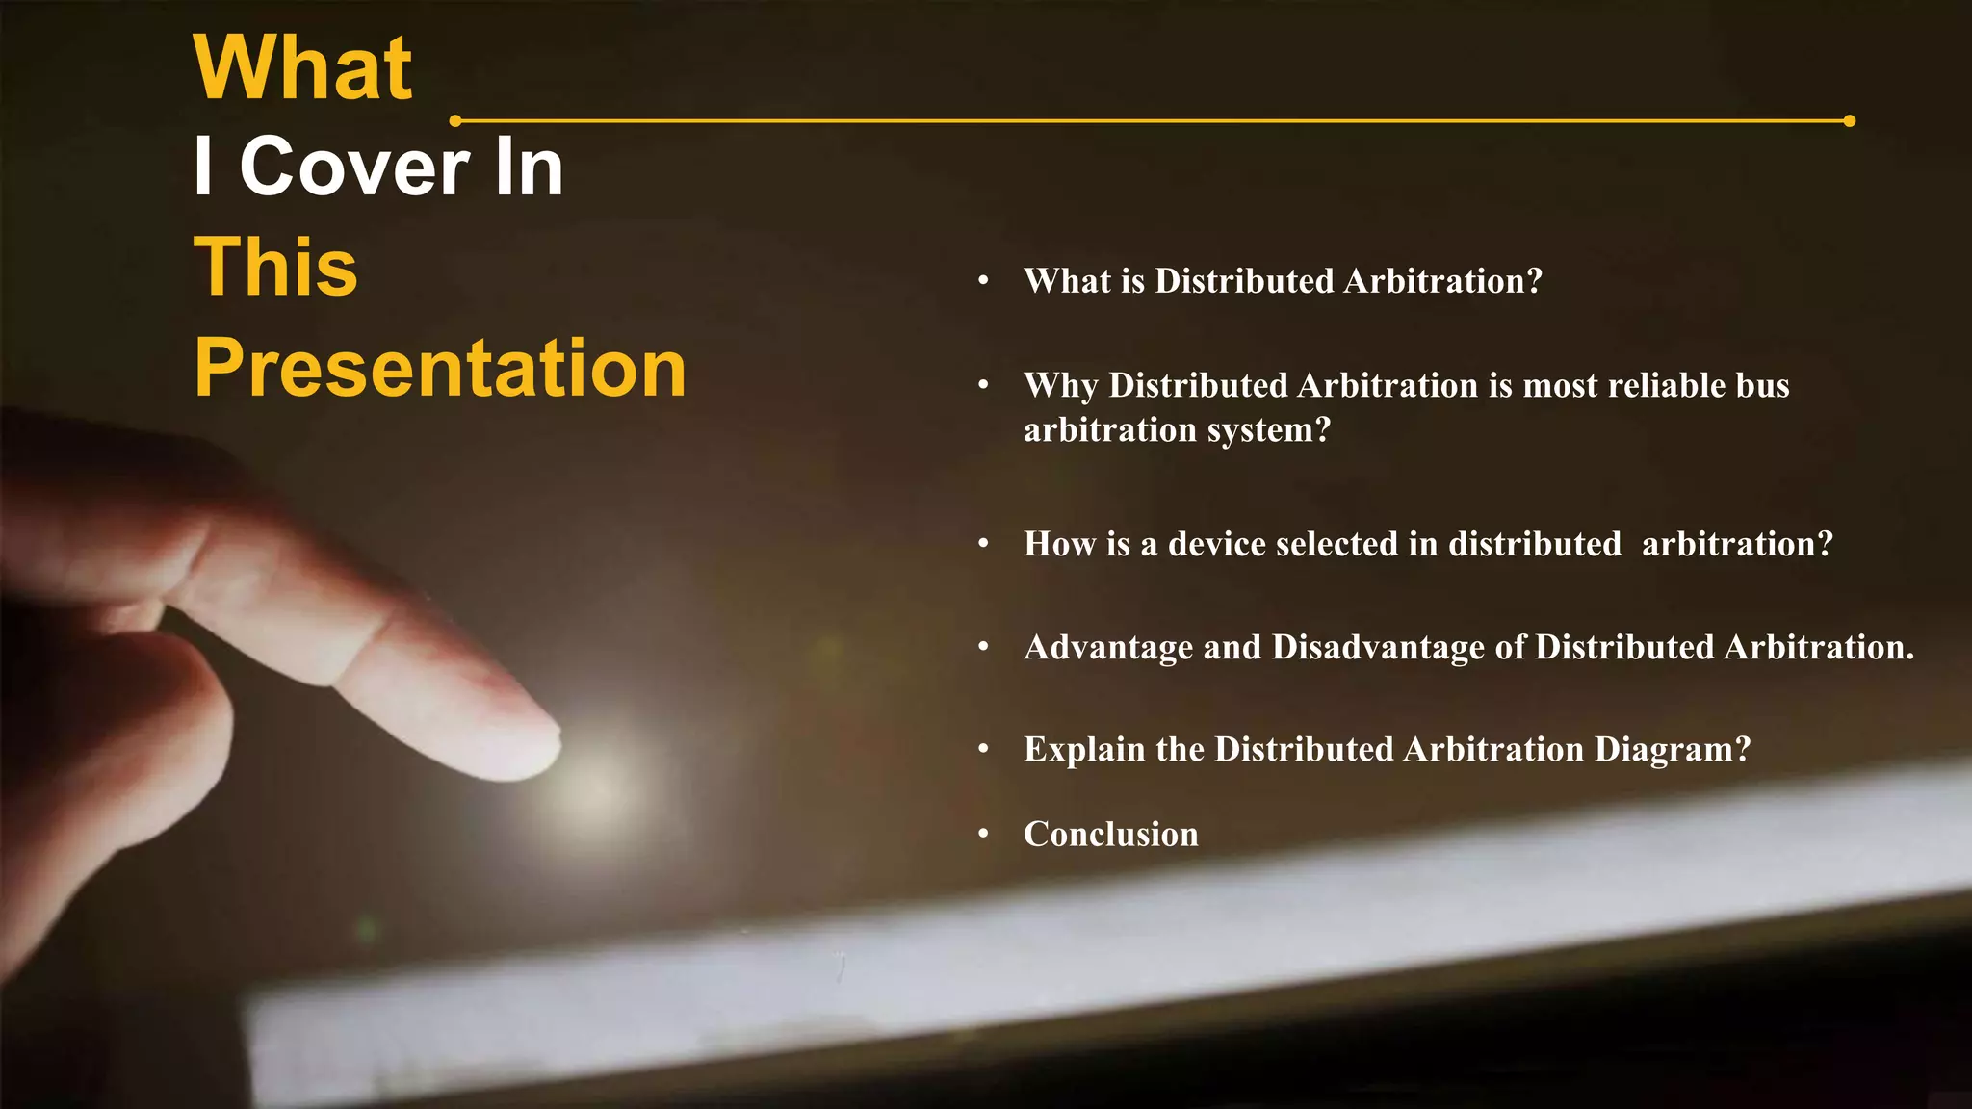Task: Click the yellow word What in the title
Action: (x=302, y=68)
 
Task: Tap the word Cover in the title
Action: (x=353, y=168)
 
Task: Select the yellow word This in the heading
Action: (x=276, y=268)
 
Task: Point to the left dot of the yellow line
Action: (x=455, y=121)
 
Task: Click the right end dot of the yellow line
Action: (x=1849, y=121)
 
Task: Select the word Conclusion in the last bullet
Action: (x=1110, y=834)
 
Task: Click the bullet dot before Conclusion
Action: (x=983, y=834)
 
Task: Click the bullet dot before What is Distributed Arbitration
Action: (x=983, y=281)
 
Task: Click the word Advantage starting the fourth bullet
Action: (x=1107, y=647)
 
